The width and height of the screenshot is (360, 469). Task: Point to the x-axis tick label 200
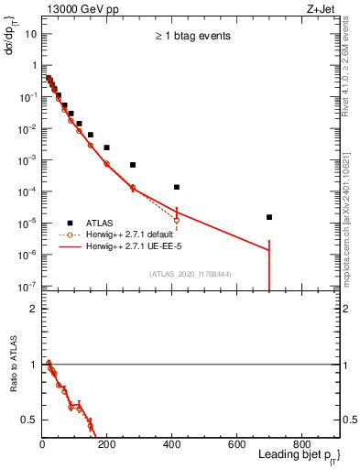pos(107,444)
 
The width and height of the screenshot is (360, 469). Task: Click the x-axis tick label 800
pos(301,444)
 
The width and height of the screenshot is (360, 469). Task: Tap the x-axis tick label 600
pos(237,444)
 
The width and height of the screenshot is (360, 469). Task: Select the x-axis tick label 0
pos(42,444)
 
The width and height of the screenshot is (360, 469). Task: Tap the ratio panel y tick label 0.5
pos(30,420)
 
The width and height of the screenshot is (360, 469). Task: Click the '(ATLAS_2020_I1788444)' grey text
pos(191,274)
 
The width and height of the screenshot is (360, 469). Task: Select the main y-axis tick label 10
pos(30,34)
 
